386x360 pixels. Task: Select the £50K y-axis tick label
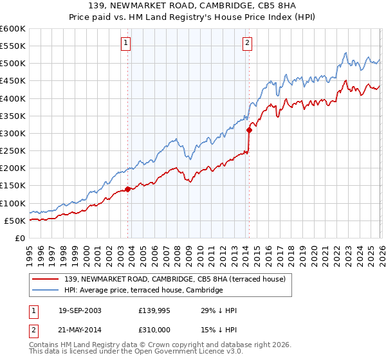point(15,221)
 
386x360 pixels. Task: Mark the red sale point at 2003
point(128,189)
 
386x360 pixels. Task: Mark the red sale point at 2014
point(249,130)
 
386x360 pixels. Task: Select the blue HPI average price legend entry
point(143,291)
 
